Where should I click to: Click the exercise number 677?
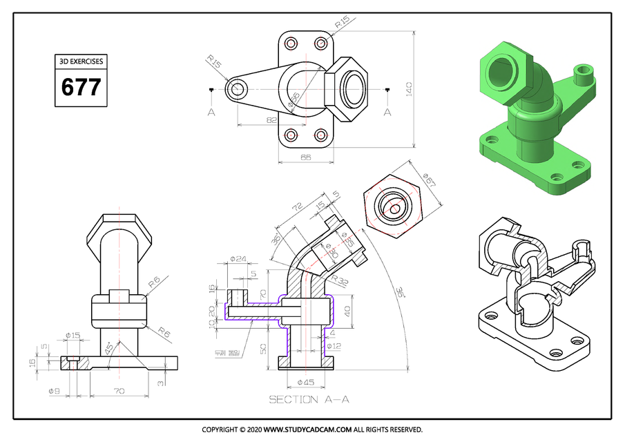coord(81,88)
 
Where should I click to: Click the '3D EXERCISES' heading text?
coord(81,61)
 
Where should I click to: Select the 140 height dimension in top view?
coord(409,89)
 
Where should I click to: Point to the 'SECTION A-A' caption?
coord(309,399)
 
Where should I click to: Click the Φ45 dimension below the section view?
coord(305,382)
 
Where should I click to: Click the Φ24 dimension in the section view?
coord(238,259)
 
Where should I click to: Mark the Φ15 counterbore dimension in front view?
coord(73,336)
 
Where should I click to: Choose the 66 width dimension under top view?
coord(305,157)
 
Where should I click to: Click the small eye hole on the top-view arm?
coord(238,88)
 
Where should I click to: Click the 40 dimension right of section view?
coord(347,309)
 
